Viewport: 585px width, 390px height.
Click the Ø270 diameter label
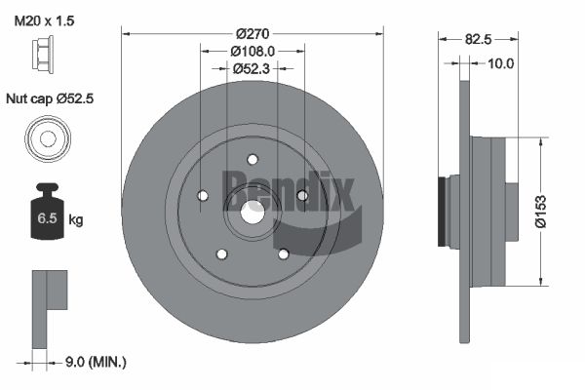[253, 34]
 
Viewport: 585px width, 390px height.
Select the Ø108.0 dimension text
[253, 51]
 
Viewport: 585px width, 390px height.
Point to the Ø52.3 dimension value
[252, 68]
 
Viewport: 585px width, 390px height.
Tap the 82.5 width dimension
[479, 39]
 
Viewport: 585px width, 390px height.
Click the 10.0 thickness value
[501, 63]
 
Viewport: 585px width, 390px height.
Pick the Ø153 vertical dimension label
[540, 212]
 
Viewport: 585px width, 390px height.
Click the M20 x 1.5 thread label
[44, 20]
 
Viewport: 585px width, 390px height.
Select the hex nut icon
[43, 52]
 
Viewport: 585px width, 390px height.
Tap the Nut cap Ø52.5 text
[50, 98]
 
